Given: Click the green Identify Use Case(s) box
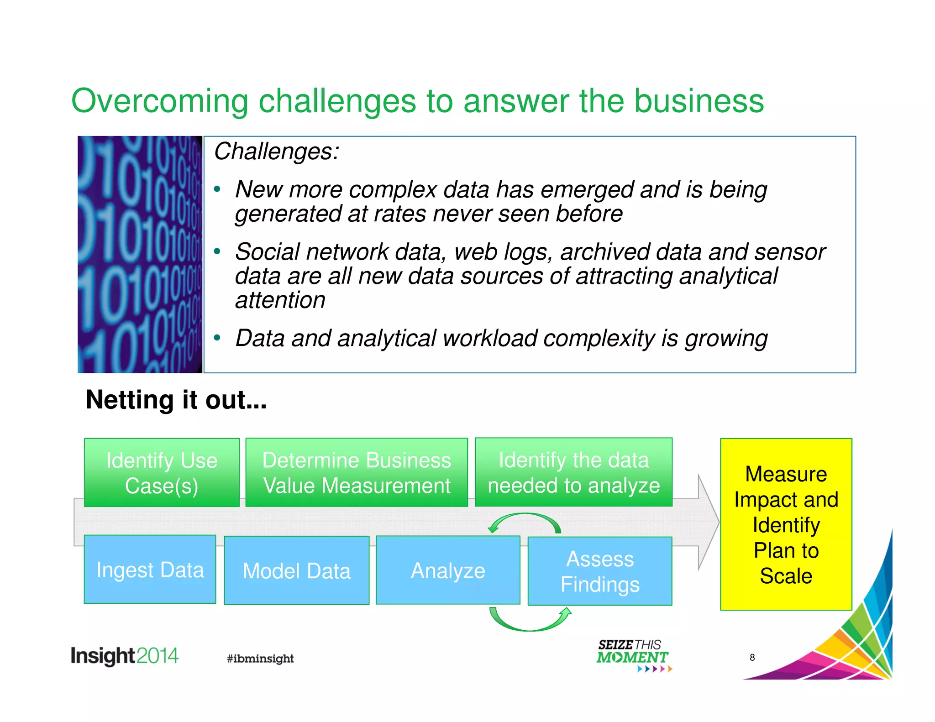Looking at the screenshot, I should pos(162,472).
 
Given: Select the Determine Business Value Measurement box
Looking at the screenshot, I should pos(357,472).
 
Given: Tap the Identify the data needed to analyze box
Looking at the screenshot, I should pos(573,472).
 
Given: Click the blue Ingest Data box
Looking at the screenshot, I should pos(150,569).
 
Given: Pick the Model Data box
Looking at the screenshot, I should pos(296,570).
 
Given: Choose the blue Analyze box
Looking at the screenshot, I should pos(448,570).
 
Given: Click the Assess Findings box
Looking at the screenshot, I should pos(599,571).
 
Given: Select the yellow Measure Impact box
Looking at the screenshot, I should pos(786,524).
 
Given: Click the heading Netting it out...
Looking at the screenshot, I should pos(176,400).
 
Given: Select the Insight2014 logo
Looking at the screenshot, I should pos(124,656).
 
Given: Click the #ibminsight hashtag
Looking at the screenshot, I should pos(260,658).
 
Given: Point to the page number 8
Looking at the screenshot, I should pos(752,657).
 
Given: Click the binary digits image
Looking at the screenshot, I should pos(140,254).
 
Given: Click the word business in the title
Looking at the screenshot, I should pos(699,101).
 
